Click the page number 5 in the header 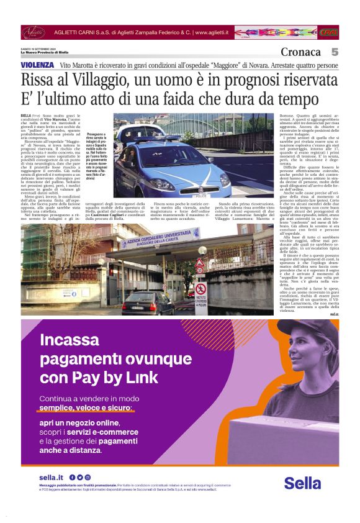coord(334,52)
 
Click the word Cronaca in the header coord(301,52)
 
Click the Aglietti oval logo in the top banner coord(34,32)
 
